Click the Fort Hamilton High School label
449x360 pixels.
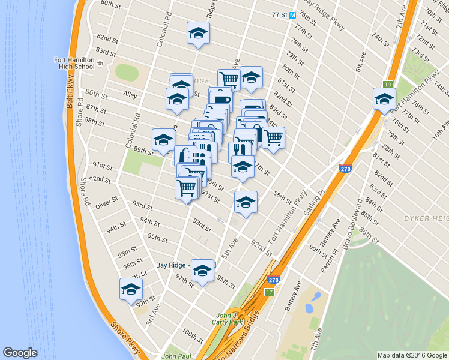pyautogui.click(x=74, y=62)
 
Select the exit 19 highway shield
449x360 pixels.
pyautogui.click(x=388, y=85)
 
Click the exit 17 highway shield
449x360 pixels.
pyautogui.click(x=270, y=292)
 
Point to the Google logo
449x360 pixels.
pyautogui.click(x=20, y=353)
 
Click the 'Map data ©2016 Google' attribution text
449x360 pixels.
pyautogui.click(x=412, y=355)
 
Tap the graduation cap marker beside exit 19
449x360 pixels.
pyautogui.click(x=384, y=100)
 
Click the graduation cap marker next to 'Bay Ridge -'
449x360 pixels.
pyautogui.click(x=203, y=271)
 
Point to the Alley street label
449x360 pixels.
pyautogui.click(x=130, y=95)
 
